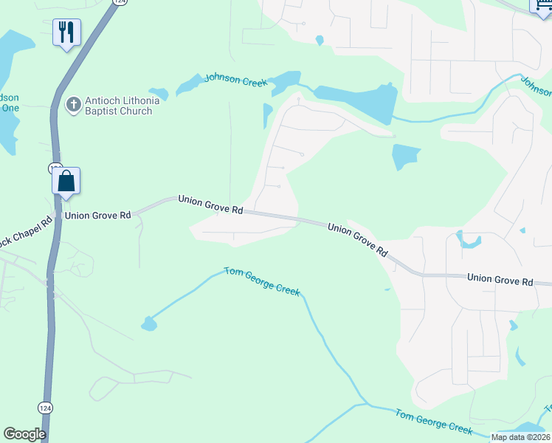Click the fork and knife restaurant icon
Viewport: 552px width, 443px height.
(x=66, y=32)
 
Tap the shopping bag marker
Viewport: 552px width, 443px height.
(x=66, y=180)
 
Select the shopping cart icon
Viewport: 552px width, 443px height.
(x=541, y=4)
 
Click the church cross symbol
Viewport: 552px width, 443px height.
(x=73, y=105)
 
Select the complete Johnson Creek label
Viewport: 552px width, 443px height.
(x=235, y=80)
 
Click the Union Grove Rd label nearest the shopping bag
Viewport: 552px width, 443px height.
(x=97, y=216)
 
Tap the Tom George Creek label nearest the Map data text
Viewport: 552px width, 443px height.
(x=433, y=422)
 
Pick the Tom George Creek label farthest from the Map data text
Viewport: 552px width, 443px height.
(x=263, y=281)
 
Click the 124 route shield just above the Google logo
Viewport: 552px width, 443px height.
(x=46, y=407)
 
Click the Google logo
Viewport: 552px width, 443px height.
(x=24, y=434)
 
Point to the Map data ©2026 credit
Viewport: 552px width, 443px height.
(x=521, y=437)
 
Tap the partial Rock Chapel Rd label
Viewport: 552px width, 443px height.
(x=27, y=222)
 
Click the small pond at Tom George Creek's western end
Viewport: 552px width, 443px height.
(x=149, y=323)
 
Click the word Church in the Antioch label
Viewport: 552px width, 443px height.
(x=137, y=111)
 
